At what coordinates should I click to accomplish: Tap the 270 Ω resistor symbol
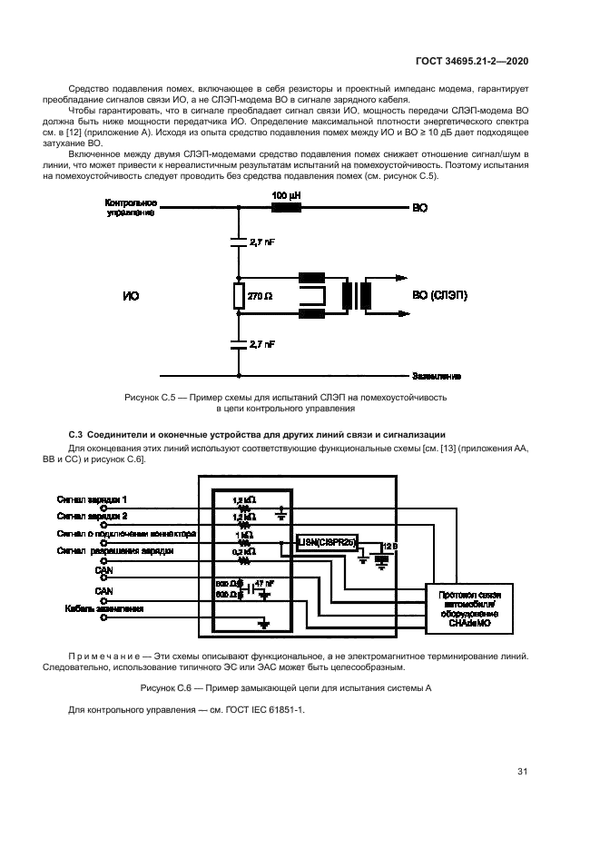click(x=239, y=296)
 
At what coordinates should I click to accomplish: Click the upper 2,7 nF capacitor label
click(x=261, y=244)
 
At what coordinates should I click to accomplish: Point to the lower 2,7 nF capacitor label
click(x=261, y=344)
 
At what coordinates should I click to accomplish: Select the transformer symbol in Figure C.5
click(x=356, y=296)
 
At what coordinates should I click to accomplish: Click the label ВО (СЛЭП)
click(x=440, y=296)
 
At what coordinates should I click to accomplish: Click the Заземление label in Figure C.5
click(x=437, y=376)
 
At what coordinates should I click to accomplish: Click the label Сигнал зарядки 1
click(x=93, y=500)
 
